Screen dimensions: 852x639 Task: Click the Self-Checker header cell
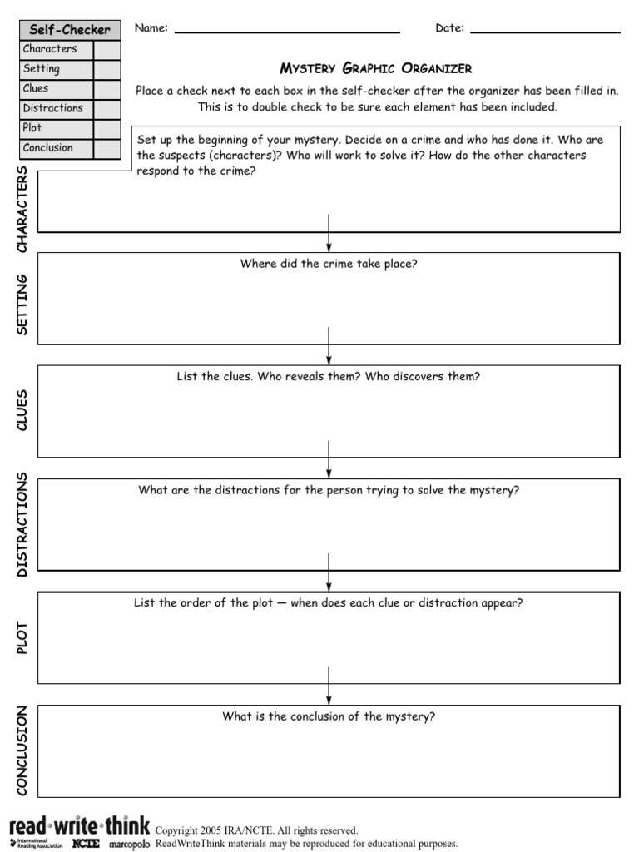tap(70, 29)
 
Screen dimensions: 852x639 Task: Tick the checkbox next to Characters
tap(106, 49)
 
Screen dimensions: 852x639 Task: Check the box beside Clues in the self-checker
tap(106, 89)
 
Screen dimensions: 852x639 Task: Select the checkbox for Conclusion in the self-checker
tap(106, 149)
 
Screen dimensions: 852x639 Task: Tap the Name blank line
tap(287, 31)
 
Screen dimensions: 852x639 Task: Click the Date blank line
tap(545, 31)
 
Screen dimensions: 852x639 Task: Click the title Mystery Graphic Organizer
tap(376, 68)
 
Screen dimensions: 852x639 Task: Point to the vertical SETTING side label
tap(22, 305)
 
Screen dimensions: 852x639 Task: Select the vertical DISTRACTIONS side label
tap(22, 524)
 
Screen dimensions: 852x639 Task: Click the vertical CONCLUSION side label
tap(22, 750)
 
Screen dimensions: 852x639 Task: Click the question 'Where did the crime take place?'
tap(329, 264)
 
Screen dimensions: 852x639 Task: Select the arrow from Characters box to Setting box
tap(329, 233)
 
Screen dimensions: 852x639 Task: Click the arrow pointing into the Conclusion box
tap(329, 686)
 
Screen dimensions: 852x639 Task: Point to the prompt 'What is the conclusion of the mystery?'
tap(329, 716)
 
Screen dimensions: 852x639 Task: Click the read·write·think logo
tap(80, 827)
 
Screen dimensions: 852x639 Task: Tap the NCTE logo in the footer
tap(86, 844)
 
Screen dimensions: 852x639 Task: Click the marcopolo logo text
tap(130, 844)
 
